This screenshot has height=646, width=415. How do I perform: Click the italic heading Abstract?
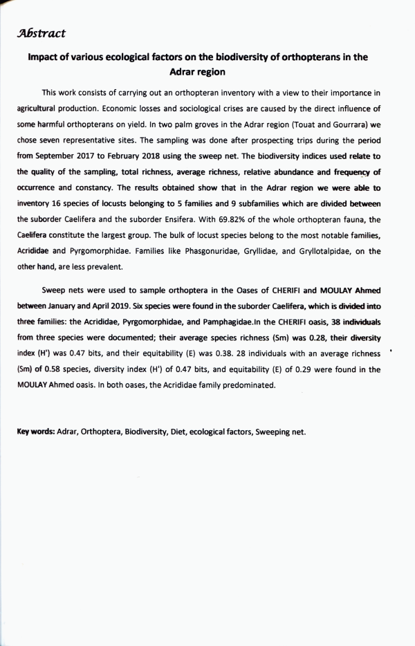43,33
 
